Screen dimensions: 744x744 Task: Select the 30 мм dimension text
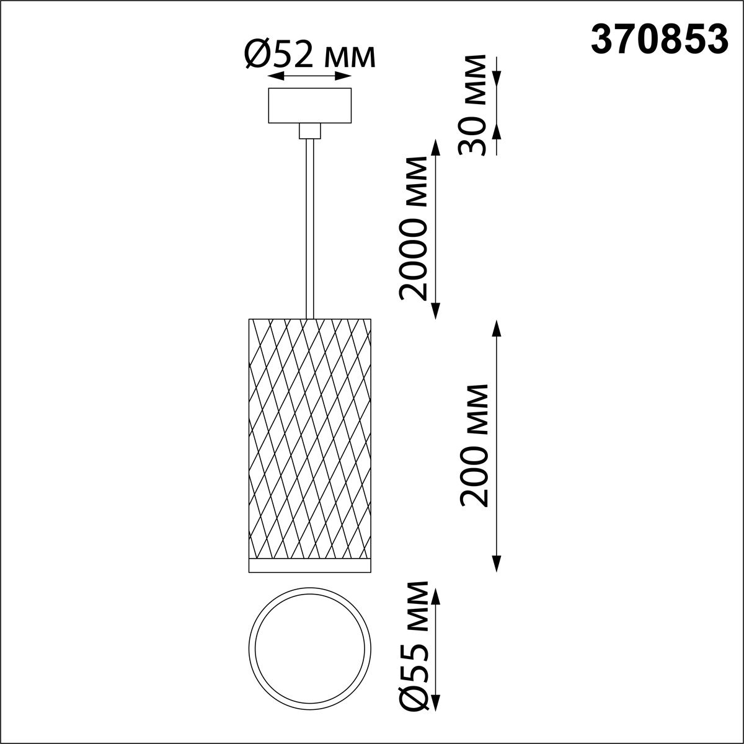(x=471, y=105)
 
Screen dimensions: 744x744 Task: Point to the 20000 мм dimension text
(x=413, y=228)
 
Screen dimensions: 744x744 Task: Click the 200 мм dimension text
(x=474, y=446)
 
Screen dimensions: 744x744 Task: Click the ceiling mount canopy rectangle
(x=309, y=105)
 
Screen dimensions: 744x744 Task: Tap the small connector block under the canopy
(x=309, y=131)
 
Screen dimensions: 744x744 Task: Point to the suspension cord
(x=309, y=229)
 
